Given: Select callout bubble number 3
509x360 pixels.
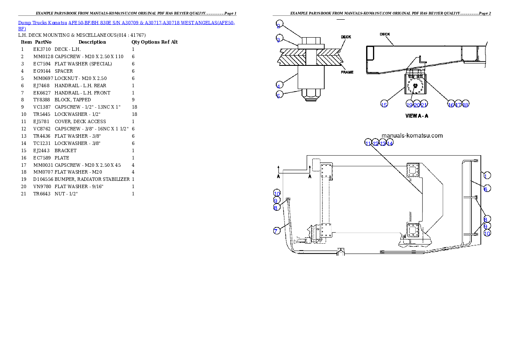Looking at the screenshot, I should click(279, 40).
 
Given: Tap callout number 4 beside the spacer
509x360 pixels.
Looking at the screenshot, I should click(279, 85).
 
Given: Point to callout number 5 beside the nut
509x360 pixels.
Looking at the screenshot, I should click(279, 96).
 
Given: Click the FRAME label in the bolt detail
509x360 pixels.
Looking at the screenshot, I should click(347, 72).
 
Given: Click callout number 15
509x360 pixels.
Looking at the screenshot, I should click(384, 105).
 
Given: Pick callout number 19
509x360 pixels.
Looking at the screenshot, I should click(409, 105).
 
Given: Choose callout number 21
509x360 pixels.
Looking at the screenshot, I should click(424, 105).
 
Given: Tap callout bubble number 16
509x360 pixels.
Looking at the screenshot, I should click(451, 105).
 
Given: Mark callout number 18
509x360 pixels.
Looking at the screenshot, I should click(465, 105).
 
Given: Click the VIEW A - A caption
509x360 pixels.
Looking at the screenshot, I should click(417, 116).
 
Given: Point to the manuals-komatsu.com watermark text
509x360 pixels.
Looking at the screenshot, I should click(412, 136).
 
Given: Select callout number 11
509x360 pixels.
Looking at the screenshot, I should click(368, 143).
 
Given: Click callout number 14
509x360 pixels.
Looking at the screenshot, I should click(390, 143).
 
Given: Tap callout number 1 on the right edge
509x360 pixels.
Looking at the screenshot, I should click(487, 174).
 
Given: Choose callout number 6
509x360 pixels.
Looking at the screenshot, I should click(486, 189).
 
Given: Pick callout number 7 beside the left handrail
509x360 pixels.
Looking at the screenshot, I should click(277, 231).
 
